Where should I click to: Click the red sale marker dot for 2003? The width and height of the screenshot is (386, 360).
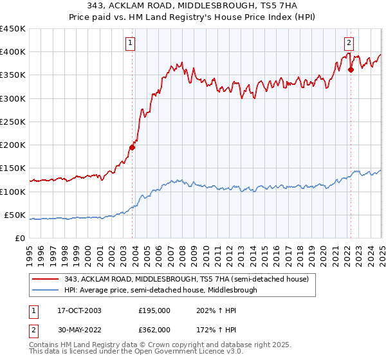point(132,147)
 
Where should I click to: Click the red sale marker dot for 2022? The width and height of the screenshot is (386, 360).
point(351,70)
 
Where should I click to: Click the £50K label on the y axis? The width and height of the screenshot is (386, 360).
point(15,215)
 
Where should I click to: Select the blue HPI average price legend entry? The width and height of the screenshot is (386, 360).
point(160,290)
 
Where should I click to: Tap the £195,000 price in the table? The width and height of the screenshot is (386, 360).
point(154,310)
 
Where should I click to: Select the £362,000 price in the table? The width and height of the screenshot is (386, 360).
point(154,329)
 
